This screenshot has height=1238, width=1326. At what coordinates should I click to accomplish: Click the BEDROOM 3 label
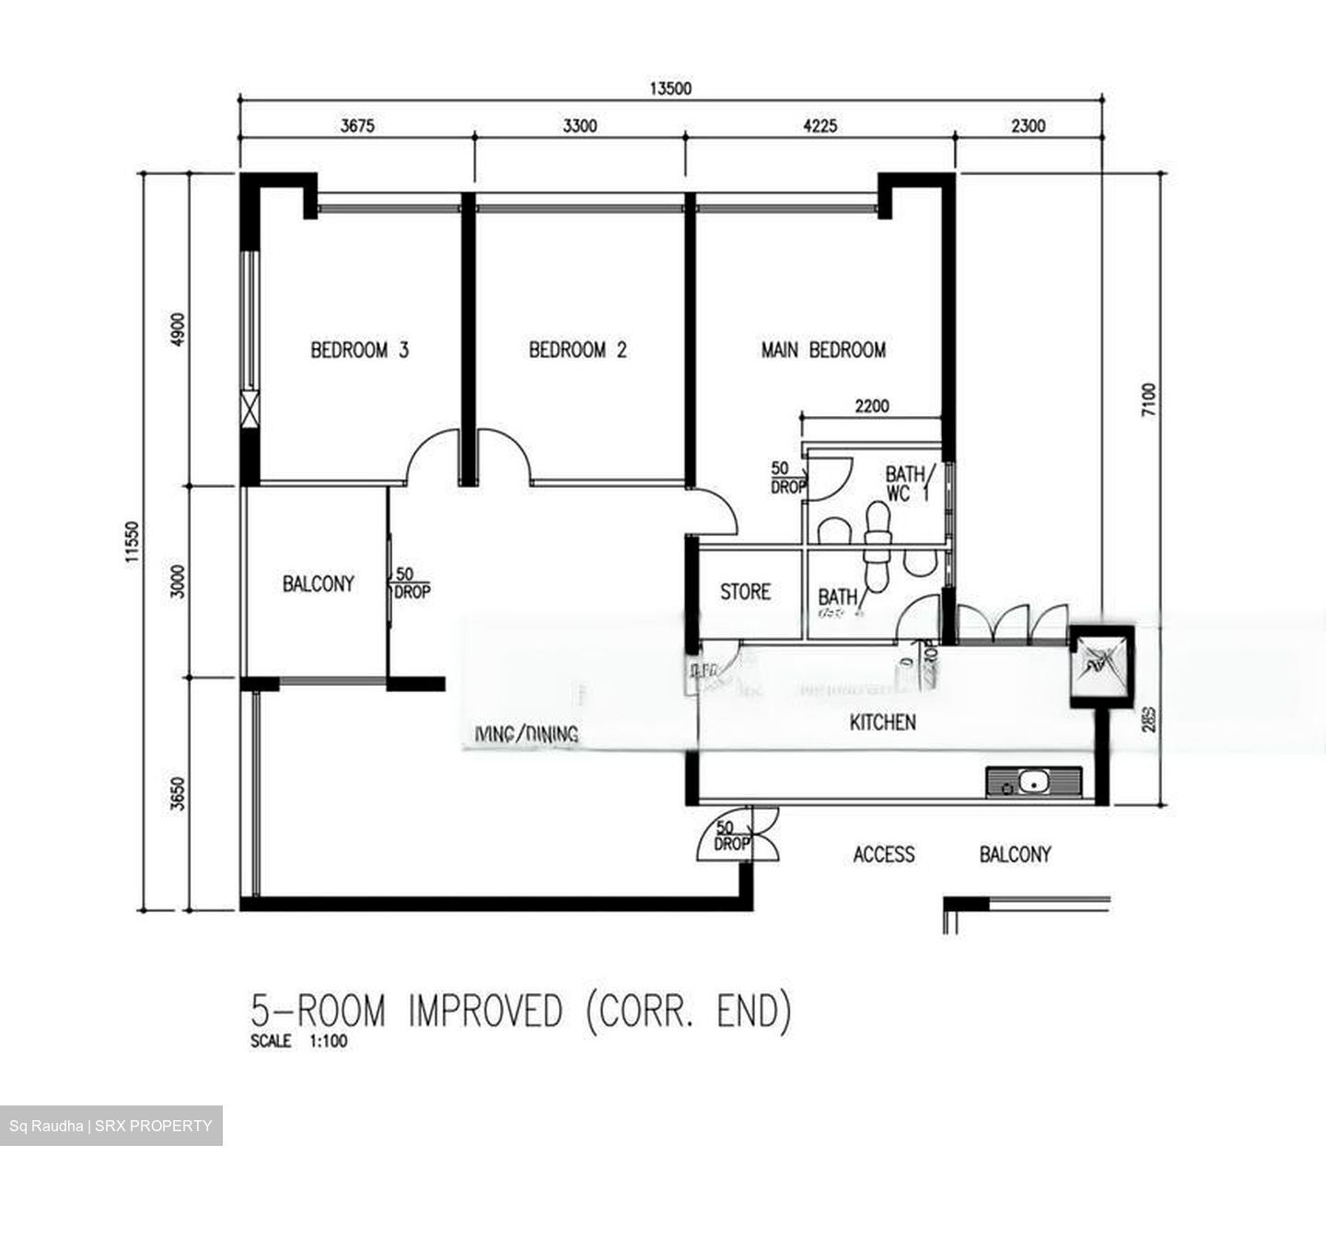coord(359,350)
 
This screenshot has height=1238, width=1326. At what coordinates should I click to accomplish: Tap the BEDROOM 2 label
coord(577,350)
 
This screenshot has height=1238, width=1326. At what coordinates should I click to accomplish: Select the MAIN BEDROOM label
coord(823,350)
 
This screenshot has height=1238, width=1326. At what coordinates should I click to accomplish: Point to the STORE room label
coord(745,592)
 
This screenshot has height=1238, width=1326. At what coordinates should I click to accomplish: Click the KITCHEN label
coord(882,723)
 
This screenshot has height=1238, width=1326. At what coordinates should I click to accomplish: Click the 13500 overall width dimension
coord(670,88)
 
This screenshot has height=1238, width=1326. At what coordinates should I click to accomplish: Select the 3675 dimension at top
coord(357,126)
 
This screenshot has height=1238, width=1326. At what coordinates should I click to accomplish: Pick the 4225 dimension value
coord(820,126)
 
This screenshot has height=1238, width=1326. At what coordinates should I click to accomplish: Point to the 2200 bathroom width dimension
coord(871,406)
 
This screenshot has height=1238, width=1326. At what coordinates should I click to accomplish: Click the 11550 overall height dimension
coord(132,541)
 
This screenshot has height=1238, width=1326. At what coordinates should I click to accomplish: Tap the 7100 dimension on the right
coord(1147,400)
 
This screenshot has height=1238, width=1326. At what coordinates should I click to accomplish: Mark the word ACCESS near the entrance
coord(884,855)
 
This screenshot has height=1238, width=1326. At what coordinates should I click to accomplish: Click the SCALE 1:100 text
coord(298,1042)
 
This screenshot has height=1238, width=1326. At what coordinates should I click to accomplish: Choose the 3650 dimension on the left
coord(178,793)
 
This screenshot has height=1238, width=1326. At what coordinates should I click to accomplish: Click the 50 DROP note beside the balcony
coord(410,584)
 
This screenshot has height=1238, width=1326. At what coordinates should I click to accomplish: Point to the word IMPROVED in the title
coord(484,1011)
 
